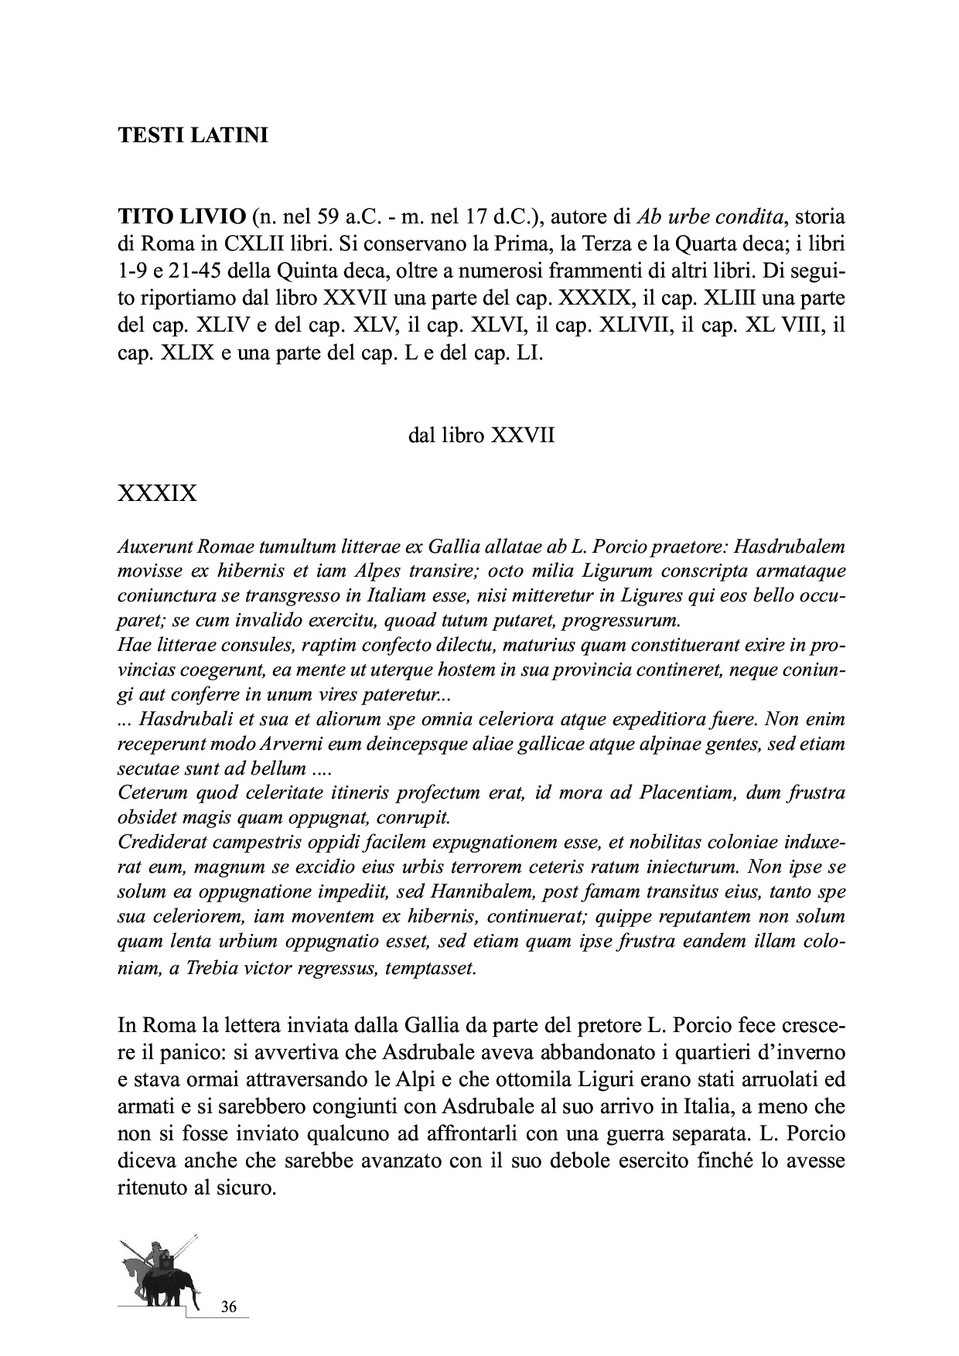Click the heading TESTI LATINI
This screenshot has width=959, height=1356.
[193, 136]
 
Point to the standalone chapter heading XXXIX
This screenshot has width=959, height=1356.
[157, 492]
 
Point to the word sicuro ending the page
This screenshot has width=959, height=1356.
[250, 1187]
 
